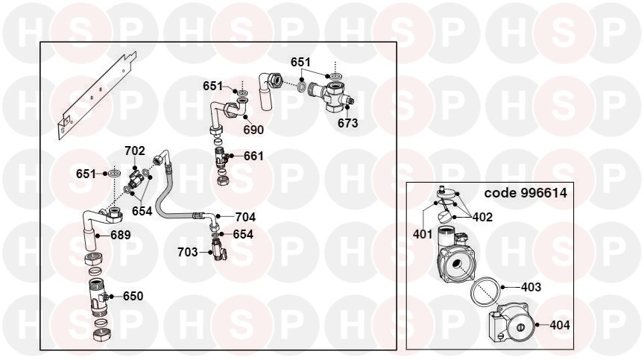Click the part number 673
click(348, 123)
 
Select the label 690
click(253, 130)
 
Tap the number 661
click(253, 156)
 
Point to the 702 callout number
click(135, 151)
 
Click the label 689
click(121, 235)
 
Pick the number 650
click(133, 296)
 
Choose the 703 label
click(188, 252)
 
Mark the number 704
click(245, 217)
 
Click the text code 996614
click(525, 193)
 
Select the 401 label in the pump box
click(423, 234)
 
